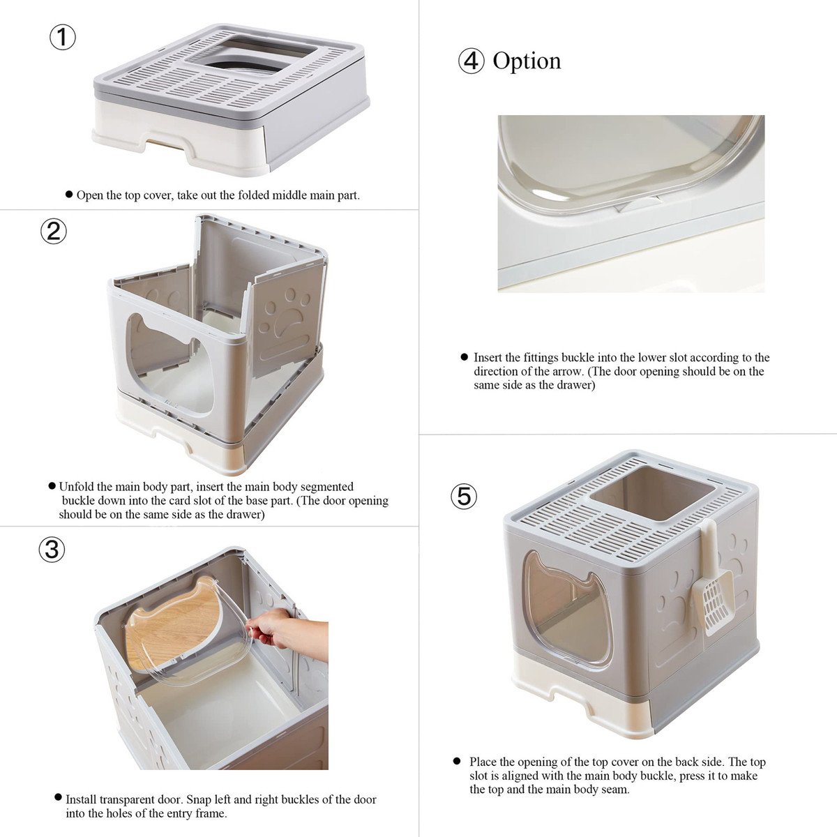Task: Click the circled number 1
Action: (x=63, y=38)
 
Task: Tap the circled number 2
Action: (x=54, y=232)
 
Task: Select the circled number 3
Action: (x=52, y=550)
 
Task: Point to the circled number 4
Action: (x=472, y=61)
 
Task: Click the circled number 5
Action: (x=464, y=496)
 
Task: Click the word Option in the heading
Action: (x=527, y=61)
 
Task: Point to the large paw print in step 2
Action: (x=287, y=320)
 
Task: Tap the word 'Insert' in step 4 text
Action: (x=489, y=358)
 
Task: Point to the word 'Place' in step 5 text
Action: (x=483, y=762)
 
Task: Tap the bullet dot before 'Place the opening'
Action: (x=456, y=761)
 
